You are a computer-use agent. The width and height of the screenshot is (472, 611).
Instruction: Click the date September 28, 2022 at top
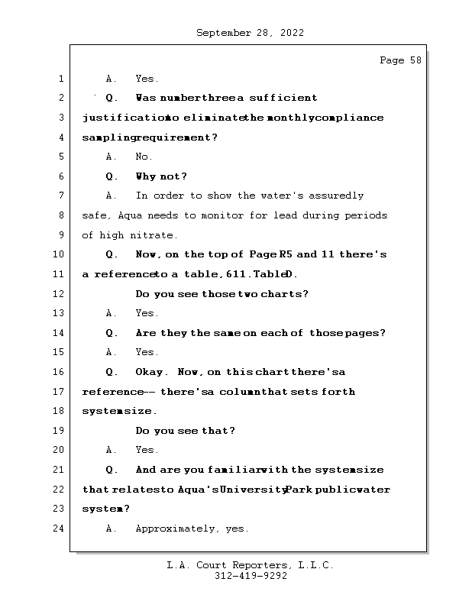pyautogui.click(x=250, y=33)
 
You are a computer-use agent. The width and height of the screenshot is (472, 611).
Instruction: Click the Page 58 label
pyautogui.click(x=400, y=60)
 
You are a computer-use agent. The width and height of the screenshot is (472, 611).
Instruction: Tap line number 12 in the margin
pyautogui.click(x=60, y=294)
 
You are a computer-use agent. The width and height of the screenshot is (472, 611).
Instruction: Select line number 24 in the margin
pyautogui.click(x=60, y=529)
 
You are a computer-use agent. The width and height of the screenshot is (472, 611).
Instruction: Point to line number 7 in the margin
pyautogui.click(x=60, y=196)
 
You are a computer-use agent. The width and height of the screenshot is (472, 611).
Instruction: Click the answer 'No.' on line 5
pyautogui.click(x=144, y=157)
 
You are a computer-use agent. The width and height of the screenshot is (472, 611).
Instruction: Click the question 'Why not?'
pyautogui.click(x=161, y=176)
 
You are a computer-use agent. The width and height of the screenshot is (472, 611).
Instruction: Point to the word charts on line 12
pyautogui.click(x=270, y=294)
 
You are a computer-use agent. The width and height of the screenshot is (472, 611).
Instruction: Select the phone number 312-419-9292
pyautogui.click(x=251, y=577)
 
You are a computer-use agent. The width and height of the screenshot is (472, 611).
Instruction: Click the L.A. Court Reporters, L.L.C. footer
pyautogui.click(x=250, y=566)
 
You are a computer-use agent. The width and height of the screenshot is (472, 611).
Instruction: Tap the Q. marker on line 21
pyautogui.click(x=112, y=470)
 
